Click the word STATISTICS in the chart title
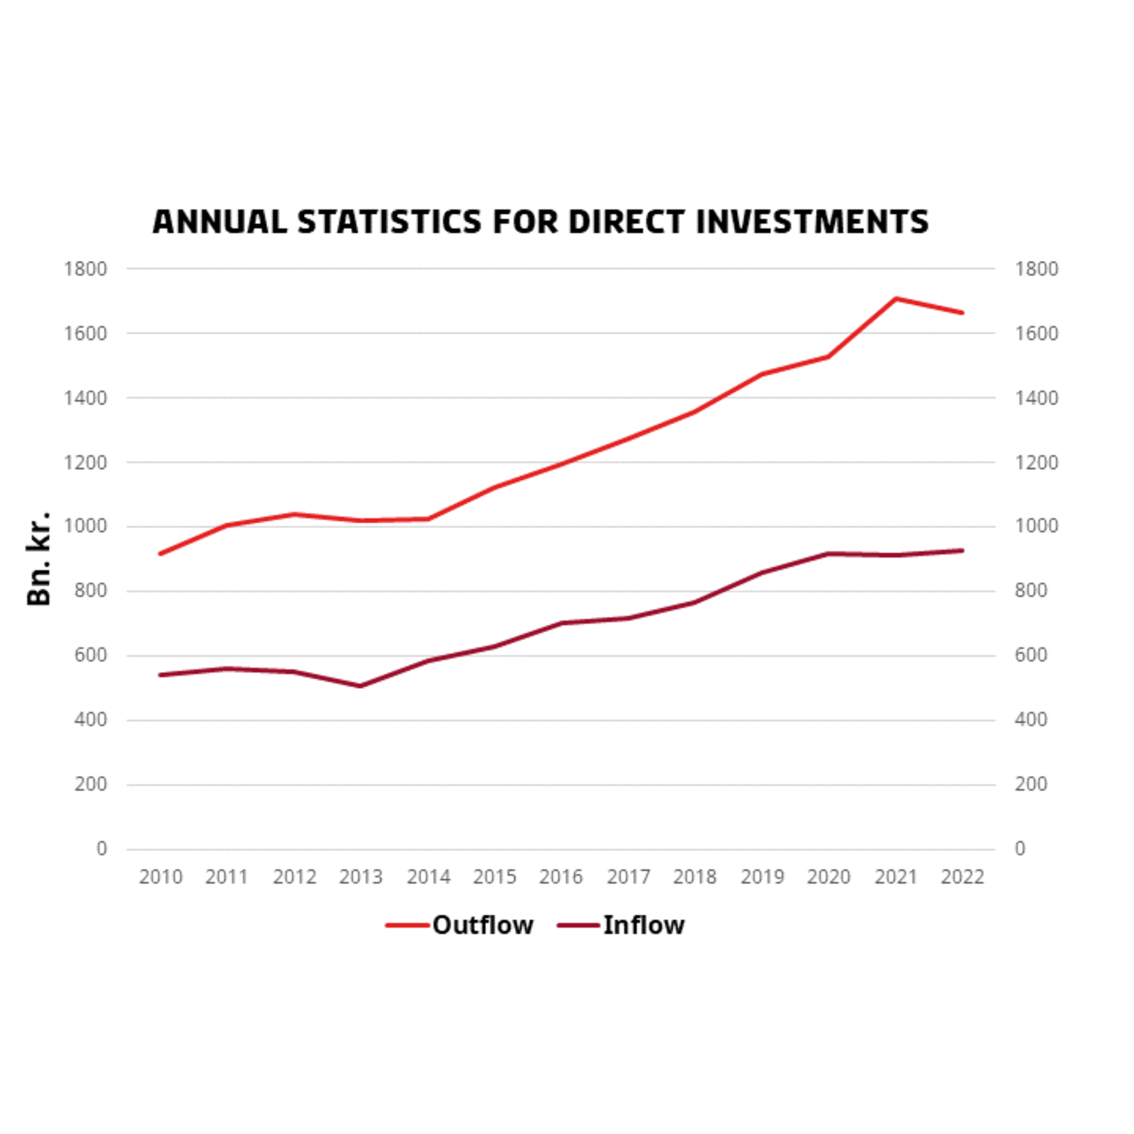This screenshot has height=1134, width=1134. (x=389, y=222)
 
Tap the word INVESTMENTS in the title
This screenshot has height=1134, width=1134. (x=812, y=222)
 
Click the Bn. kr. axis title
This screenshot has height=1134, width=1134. (x=39, y=558)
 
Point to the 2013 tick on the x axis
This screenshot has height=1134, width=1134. (x=361, y=877)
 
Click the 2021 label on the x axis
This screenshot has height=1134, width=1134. (x=896, y=877)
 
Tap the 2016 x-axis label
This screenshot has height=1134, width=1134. (x=561, y=877)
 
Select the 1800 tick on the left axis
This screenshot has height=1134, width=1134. (x=85, y=269)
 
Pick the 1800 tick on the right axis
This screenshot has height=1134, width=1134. (x=1035, y=269)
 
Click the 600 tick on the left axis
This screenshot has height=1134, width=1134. (x=91, y=655)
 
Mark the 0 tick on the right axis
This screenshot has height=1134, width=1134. (x=1020, y=848)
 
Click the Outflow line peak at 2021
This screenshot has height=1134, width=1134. (x=896, y=298)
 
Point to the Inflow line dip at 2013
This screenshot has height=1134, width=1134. (x=360, y=686)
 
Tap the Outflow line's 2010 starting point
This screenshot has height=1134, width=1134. (x=160, y=554)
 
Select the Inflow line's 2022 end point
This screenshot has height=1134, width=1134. (x=962, y=550)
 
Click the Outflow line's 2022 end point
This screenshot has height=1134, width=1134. (x=962, y=313)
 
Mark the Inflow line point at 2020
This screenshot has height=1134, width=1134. (x=828, y=554)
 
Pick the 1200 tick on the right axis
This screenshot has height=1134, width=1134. (x=1035, y=462)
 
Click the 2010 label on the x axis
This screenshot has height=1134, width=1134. (x=160, y=877)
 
